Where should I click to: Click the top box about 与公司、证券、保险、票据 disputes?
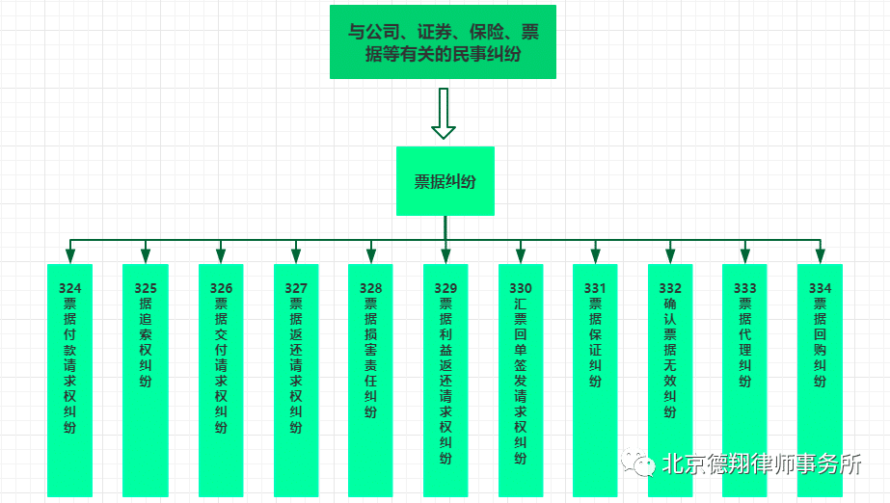tap(444, 42)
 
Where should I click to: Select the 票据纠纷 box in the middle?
tap(445, 181)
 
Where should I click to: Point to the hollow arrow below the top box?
tap(444, 114)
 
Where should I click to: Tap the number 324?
tap(70, 288)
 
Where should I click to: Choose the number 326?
tap(221, 288)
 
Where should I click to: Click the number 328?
tap(370, 288)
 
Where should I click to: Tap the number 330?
tap(521, 288)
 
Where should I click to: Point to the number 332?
tap(670, 288)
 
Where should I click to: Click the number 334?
tap(820, 288)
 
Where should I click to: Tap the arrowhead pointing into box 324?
tap(70, 255)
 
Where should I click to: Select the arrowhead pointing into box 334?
tap(820, 255)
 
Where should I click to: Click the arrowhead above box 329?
tap(445, 255)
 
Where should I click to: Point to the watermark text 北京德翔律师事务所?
tap(762, 464)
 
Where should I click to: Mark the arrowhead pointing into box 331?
tap(595, 255)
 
